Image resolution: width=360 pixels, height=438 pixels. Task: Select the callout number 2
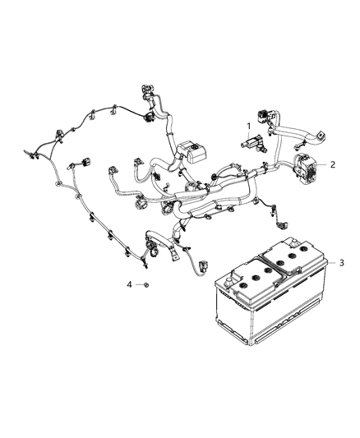[333, 164]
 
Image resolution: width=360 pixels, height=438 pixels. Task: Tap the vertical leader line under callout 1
[248, 135]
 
